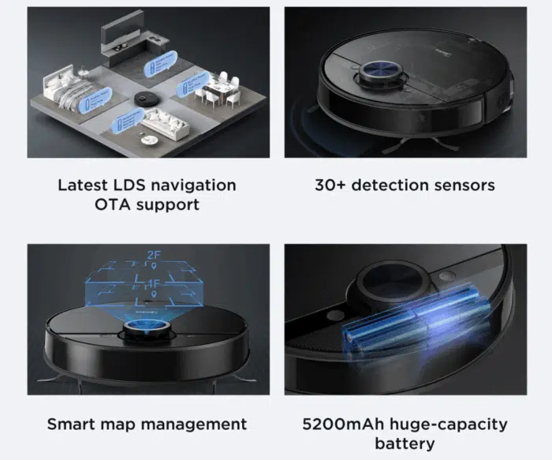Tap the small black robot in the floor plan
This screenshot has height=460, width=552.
point(144,98)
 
